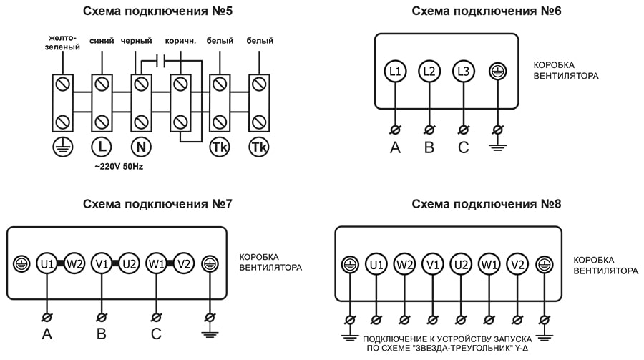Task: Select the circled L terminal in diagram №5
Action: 102,147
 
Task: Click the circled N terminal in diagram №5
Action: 141,147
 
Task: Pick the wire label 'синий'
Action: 102,42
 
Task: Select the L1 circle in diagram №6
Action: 395,71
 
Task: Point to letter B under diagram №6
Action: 429,148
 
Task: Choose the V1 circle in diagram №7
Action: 102,263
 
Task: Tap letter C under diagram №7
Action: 156,334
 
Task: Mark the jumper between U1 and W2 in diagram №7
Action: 61,263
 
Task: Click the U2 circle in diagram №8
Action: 462,265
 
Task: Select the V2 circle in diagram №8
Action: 517,265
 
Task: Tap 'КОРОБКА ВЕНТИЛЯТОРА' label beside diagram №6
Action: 566,69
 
